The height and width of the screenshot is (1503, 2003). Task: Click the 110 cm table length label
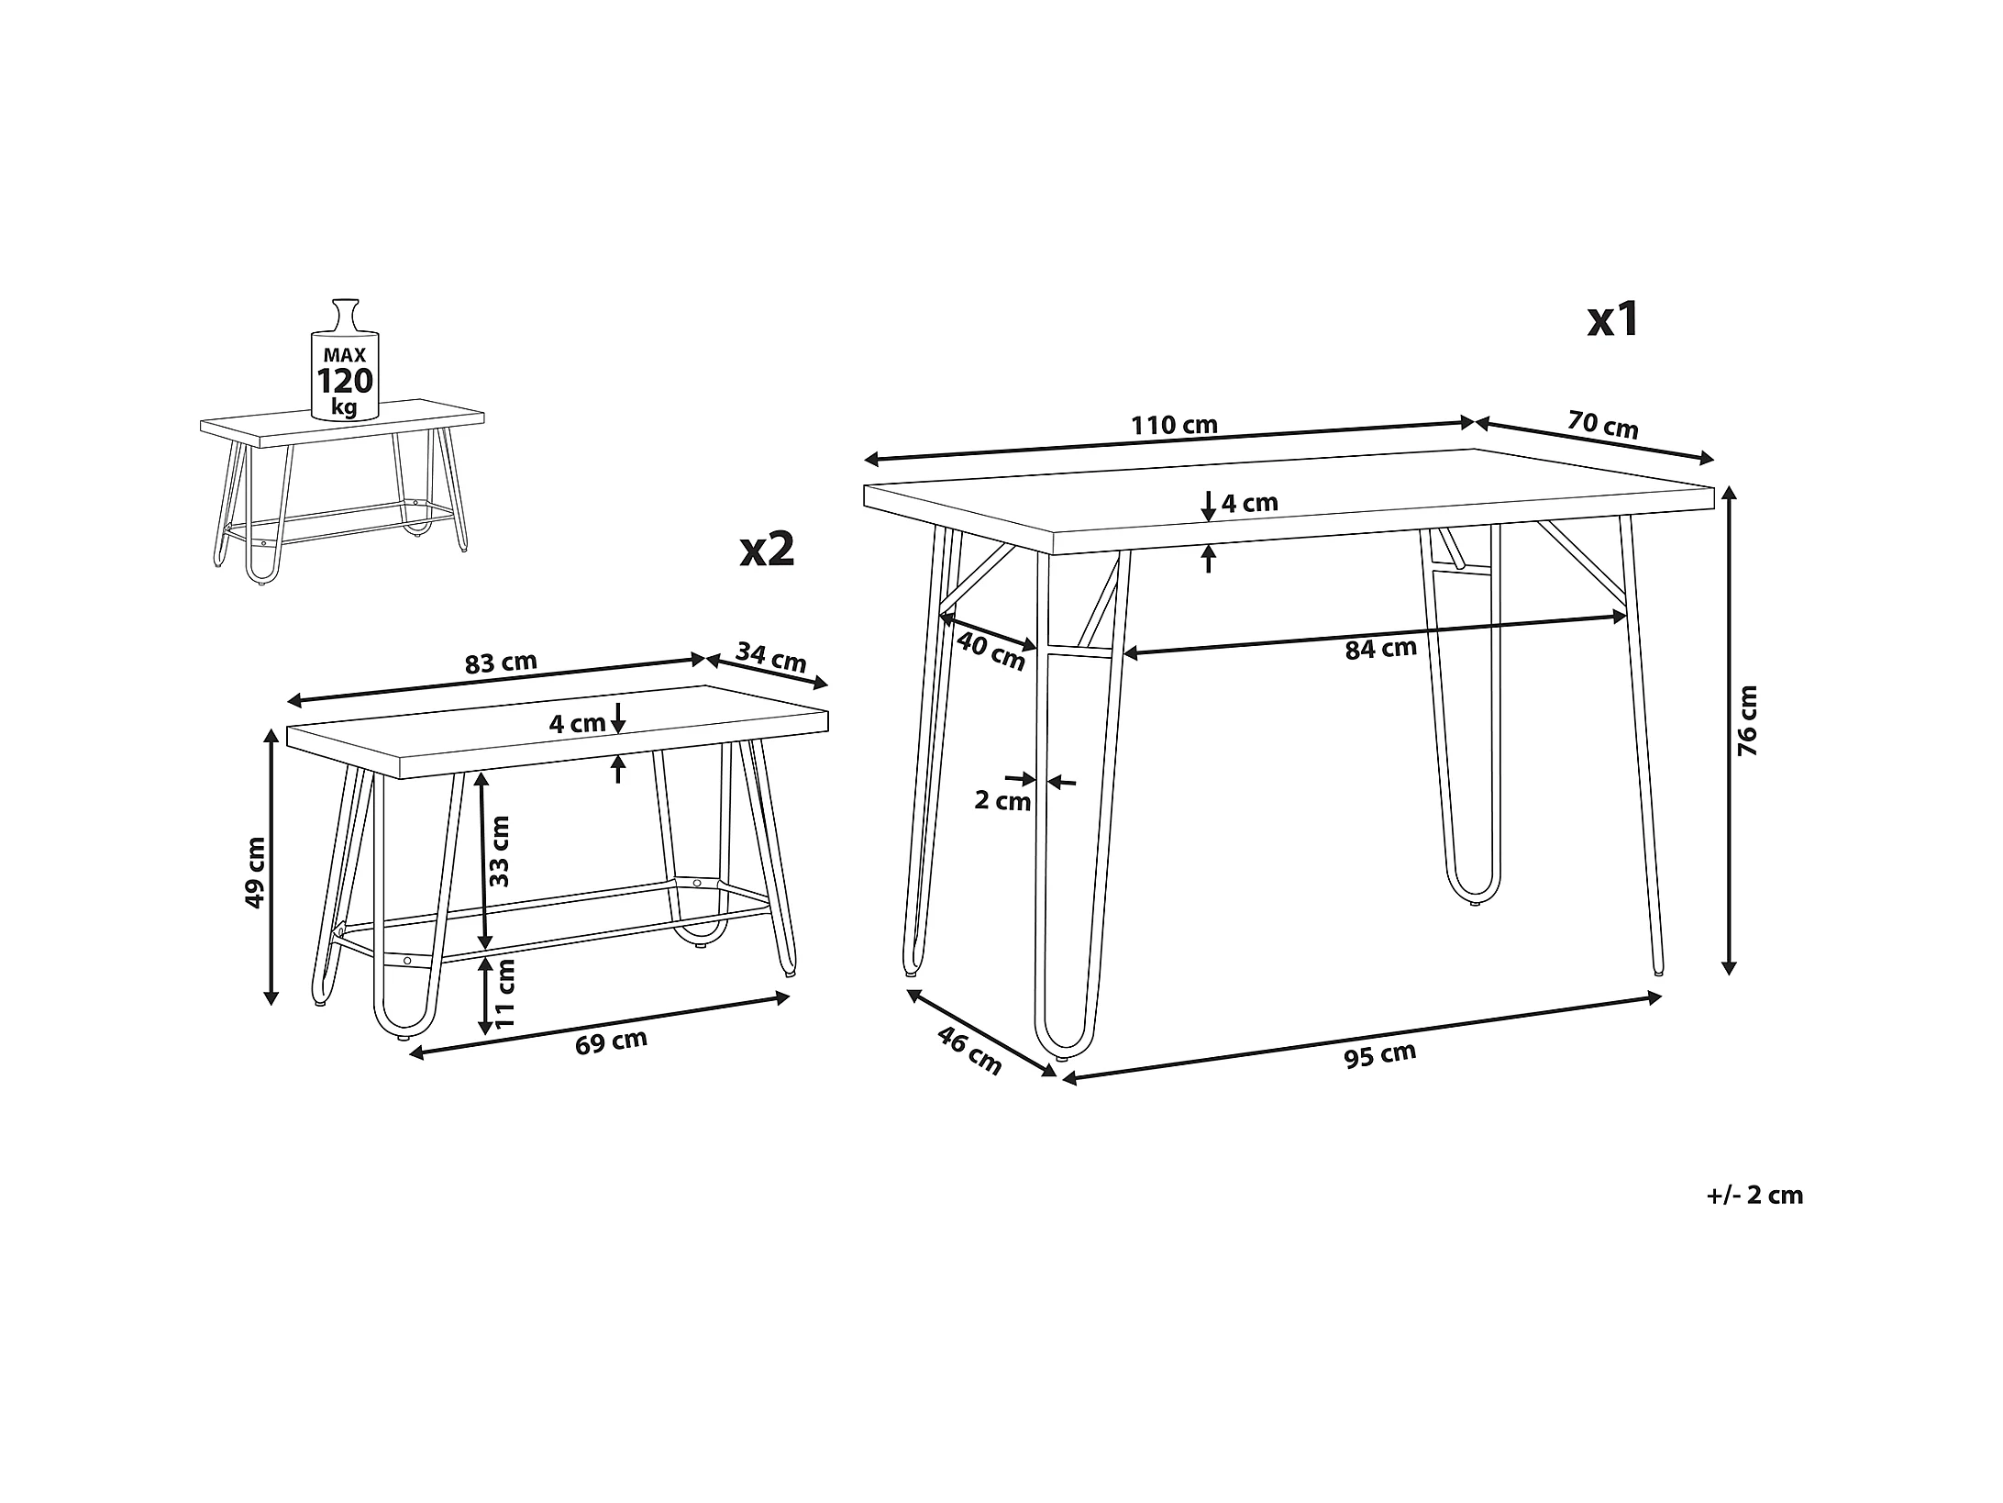click(x=1174, y=426)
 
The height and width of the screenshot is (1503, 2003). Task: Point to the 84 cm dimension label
click(x=1380, y=649)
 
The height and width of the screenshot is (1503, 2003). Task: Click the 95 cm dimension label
click(x=1380, y=1055)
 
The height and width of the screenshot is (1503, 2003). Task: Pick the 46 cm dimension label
click(x=969, y=1051)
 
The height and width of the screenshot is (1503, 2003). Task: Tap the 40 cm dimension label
click(x=990, y=651)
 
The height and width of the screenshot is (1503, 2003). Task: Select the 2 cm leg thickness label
click(x=1002, y=801)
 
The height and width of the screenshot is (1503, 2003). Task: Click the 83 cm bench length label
click(x=501, y=662)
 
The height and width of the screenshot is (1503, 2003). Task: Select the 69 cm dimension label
click(x=612, y=1042)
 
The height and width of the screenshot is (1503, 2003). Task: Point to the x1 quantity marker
click(x=1613, y=319)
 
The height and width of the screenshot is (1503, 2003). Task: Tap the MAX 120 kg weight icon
click(x=345, y=361)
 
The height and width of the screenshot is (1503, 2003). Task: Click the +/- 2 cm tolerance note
click(x=1755, y=1195)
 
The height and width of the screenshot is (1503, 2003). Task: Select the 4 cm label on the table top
click(x=1249, y=503)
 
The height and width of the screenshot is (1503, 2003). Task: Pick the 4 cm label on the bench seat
click(x=577, y=723)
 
